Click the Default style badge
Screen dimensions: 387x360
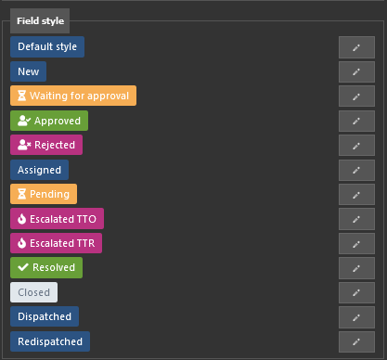47,46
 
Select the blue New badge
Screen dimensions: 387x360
28,71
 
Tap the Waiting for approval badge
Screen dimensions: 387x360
73,96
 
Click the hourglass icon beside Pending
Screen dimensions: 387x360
21,194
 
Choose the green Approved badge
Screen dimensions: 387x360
49,121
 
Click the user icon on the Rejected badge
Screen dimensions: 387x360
24,145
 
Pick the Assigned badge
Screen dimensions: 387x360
39,170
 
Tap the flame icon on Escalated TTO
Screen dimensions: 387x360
21,219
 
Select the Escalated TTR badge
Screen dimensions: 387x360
56,243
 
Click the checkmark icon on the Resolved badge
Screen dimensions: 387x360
23,267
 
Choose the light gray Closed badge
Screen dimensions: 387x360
33,292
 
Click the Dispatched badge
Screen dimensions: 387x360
45,316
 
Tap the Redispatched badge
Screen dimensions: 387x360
50,341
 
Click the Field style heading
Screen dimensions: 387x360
40,20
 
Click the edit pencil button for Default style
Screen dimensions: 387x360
356,47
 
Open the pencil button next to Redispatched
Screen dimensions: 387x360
356,341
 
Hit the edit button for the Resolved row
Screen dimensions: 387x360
356,268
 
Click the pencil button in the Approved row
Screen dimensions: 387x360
356,121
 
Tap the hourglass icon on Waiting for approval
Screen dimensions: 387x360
21,96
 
